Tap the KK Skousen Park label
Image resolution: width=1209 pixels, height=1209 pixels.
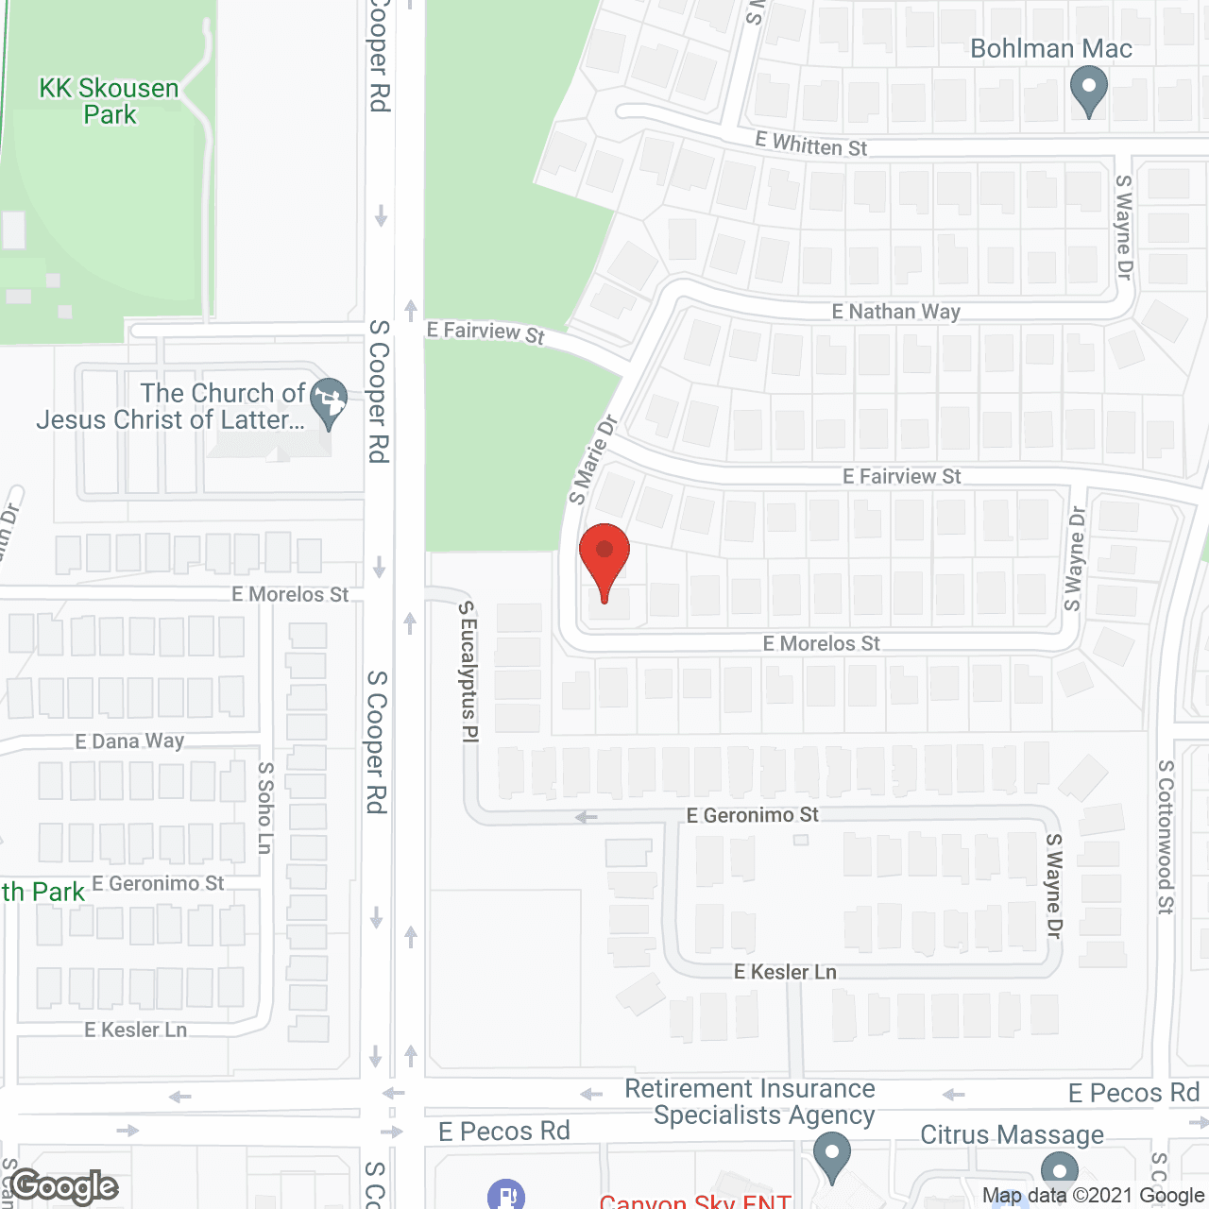(x=109, y=101)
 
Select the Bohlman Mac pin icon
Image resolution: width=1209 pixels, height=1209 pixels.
(x=1088, y=91)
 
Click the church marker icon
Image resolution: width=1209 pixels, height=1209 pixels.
(x=329, y=402)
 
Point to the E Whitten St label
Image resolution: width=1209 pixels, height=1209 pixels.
(x=810, y=145)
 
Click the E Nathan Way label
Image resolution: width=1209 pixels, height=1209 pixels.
(x=895, y=312)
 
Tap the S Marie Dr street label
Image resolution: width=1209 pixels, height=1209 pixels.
(x=592, y=459)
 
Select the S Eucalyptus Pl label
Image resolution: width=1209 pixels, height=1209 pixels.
(x=468, y=672)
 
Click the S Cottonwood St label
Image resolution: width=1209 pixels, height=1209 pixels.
(x=1166, y=837)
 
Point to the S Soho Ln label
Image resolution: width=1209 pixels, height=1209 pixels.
(x=265, y=808)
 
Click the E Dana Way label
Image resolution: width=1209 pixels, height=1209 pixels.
(x=129, y=741)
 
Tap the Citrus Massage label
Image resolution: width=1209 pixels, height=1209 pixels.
(x=1012, y=1134)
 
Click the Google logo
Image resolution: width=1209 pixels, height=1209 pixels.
(x=64, y=1186)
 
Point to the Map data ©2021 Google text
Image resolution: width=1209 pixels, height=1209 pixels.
(x=1093, y=1196)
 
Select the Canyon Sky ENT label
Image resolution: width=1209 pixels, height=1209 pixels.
(x=694, y=1201)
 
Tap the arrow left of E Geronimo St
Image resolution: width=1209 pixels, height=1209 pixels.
(x=587, y=817)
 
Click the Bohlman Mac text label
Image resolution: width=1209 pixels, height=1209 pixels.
(x=1050, y=49)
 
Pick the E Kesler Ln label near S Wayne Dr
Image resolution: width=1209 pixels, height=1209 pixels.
(x=785, y=972)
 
